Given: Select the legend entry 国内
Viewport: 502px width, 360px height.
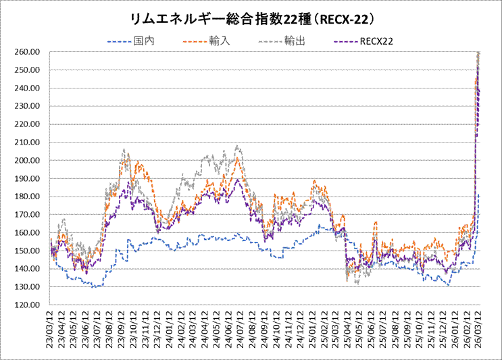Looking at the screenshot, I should coord(145,41).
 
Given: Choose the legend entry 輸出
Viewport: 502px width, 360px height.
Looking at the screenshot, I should coord(295,41).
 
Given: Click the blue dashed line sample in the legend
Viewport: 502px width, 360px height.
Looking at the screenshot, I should coord(120,42).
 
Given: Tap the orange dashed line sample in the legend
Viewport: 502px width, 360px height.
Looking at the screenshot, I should coord(195,42).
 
